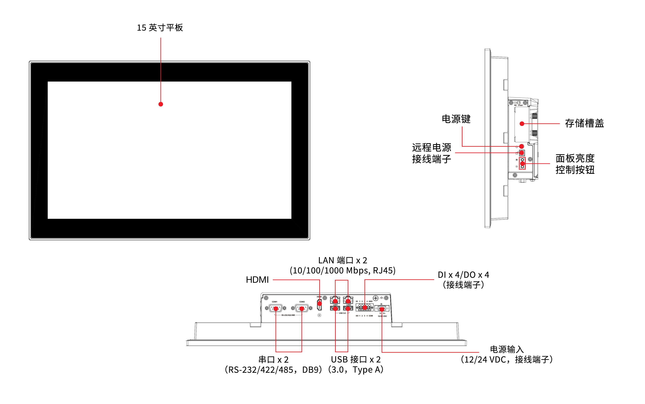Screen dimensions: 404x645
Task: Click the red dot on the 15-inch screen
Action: point(161,104)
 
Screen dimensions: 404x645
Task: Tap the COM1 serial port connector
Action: point(276,308)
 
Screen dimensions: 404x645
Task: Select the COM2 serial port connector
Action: point(302,308)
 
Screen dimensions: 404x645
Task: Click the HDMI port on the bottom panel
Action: point(319,304)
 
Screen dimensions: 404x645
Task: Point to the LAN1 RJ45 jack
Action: point(335,300)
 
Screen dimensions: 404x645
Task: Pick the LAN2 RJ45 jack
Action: point(348,300)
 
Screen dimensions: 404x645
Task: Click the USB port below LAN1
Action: point(335,309)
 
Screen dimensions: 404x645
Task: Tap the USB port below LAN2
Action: point(348,309)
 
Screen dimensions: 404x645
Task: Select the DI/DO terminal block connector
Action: point(365,308)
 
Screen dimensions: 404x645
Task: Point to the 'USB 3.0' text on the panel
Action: point(342,313)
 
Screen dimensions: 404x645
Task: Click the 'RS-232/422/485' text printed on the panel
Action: point(288,315)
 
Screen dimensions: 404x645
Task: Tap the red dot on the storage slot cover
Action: point(522,124)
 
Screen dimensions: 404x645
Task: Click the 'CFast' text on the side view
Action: point(520,105)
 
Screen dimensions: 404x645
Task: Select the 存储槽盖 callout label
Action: point(584,123)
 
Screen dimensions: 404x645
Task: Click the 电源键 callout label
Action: point(456,119)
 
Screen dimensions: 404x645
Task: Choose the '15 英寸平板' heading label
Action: point(160,28)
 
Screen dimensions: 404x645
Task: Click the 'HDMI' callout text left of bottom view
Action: point(257,280)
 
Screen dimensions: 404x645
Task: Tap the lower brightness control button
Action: point(522,167)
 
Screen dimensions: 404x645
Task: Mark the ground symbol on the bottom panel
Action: point(382,298)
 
